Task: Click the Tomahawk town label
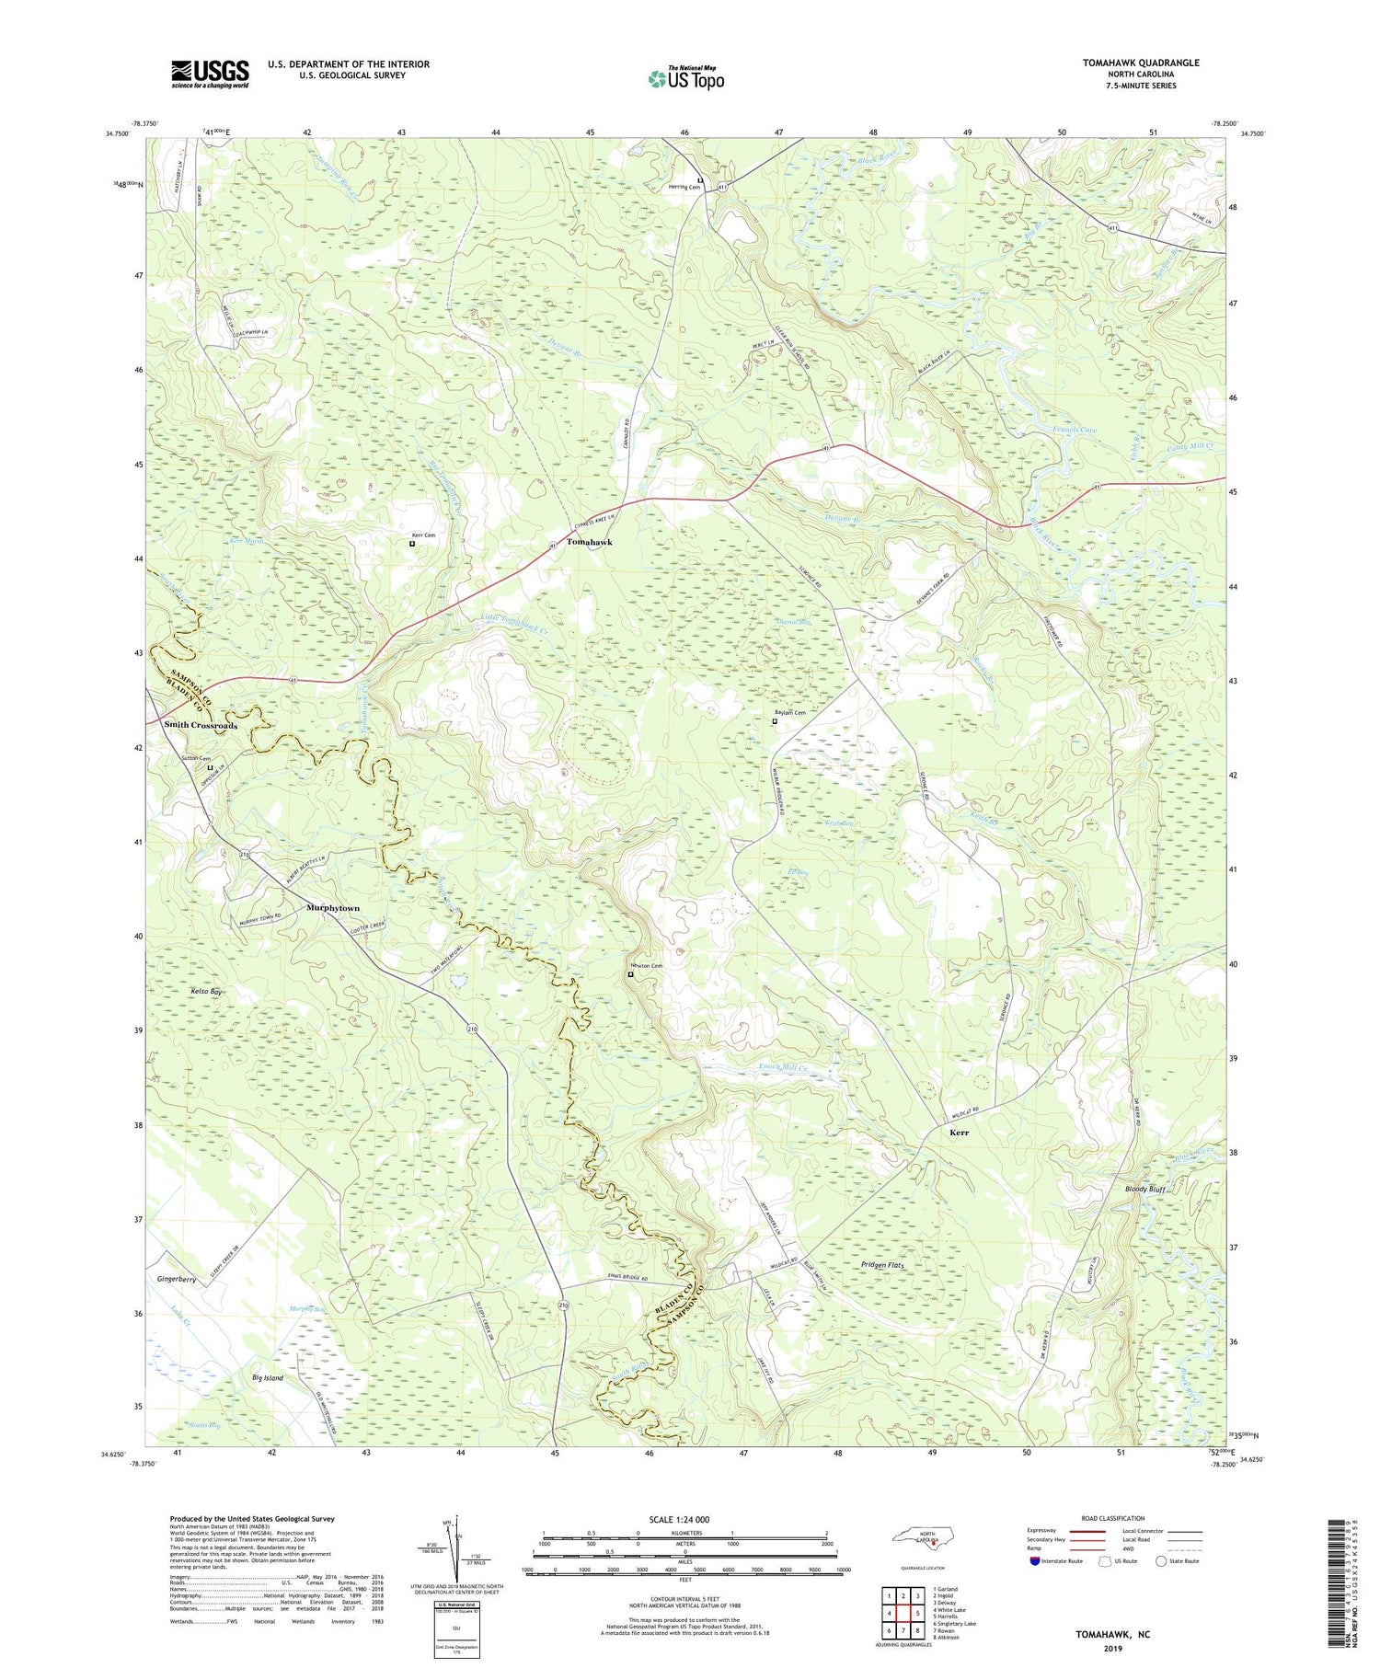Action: coord(589,543)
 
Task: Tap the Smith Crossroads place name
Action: coord(201,725)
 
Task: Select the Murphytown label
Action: coord(332,908)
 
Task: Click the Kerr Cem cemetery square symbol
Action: coord(412,544)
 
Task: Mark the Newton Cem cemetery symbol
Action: coord(630,974)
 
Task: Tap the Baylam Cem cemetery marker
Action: coord(774,721)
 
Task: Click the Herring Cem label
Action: coord(684,188)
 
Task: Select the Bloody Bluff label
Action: coord(1145,1190)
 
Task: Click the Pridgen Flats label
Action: coord(882,1266)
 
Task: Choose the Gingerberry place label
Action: coord(177,1279)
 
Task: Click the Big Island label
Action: coord(268,1378)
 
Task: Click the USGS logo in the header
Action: coord(210,73)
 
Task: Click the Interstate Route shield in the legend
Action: coord(1034,1561)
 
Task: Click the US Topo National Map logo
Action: coord(684,78)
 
